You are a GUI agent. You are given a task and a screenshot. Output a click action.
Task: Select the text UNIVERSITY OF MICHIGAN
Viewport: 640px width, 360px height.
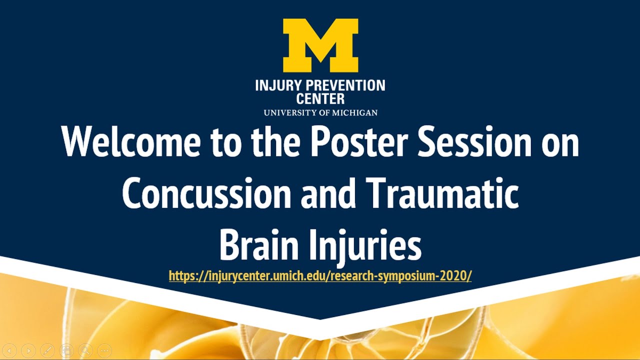[320, 112]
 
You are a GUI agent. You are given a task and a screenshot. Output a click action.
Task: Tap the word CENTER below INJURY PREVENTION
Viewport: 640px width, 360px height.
[320, 98]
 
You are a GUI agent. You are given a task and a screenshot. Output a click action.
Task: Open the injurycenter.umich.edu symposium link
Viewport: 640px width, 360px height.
[320, 276]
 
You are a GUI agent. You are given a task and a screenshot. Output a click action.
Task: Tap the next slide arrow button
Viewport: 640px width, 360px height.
[29, 350]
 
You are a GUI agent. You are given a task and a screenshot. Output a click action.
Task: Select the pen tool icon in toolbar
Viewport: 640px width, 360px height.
[47, 350]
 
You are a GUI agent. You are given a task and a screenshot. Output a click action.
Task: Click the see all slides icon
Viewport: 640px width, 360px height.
[66, 350]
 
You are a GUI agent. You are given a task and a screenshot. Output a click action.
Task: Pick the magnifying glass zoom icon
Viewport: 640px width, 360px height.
[85, 350]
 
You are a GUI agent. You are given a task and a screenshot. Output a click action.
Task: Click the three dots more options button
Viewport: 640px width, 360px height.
[104, 350]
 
